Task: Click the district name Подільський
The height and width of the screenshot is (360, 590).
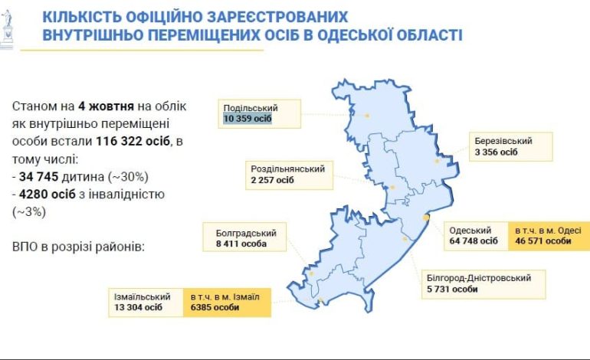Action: (251, 108)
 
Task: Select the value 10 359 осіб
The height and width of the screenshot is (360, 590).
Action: (248, 119)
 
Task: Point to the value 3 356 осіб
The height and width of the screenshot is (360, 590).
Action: (496, 152)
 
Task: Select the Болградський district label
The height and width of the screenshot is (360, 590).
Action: (240, 233)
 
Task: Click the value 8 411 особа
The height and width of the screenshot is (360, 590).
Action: (236, 244)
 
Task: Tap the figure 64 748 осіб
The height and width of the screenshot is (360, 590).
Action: (474, 241)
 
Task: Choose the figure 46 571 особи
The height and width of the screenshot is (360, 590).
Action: (543, 241)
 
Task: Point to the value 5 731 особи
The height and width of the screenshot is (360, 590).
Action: (453, 289)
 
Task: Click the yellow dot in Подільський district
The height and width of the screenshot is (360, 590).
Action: (367, 116)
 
